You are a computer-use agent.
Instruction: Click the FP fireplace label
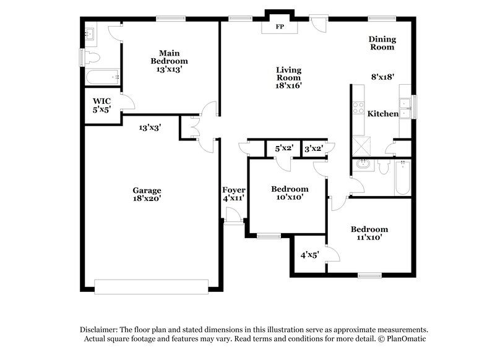[280, 28]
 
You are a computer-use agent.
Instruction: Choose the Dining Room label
[382, 43]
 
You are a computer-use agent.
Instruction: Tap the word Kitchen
[383, 114]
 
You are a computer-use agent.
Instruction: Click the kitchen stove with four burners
[358, 108]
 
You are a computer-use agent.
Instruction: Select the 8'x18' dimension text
[382, 77]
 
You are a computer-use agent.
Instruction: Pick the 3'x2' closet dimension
[314, 148]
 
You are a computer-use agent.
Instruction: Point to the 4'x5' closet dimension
[309, 254]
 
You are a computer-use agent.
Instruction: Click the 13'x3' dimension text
[150, 127]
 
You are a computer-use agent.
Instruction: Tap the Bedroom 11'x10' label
[369, 233]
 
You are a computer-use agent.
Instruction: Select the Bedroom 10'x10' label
[290, 193]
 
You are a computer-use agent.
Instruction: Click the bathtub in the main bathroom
[102, 77]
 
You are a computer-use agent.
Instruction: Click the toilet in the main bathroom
[92, 58]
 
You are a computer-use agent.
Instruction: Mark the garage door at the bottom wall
[151, 286]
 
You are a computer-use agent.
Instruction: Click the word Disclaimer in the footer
[101, 330]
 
